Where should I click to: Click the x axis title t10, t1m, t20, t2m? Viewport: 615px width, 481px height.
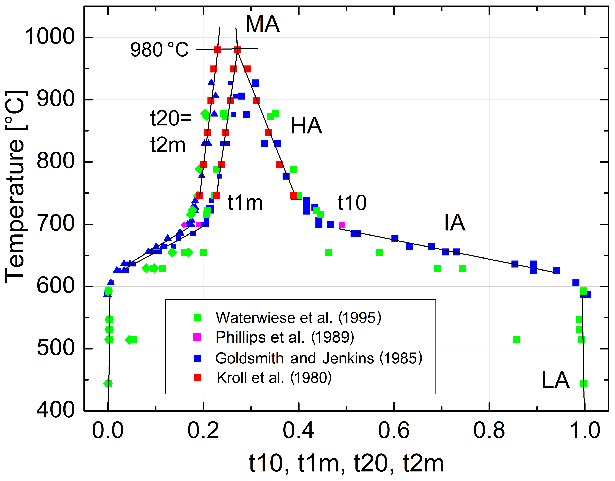346,464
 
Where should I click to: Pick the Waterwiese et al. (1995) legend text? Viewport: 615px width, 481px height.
299,317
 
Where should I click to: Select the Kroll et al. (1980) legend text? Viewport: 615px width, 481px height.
274,378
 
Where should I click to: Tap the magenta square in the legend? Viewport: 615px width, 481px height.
197,337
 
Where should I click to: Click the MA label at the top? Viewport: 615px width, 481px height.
262,24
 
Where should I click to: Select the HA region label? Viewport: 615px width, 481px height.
306,126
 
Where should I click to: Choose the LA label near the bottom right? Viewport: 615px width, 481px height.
556,380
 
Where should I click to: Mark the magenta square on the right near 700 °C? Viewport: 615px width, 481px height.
341,225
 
